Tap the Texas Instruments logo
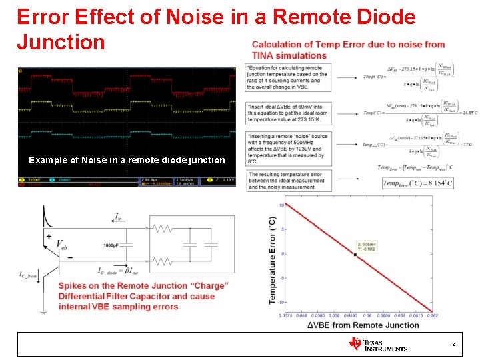pyautogui.click(x=377, y=344)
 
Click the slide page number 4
pyautogui.click(x=454, y=345)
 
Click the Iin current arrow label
pyautogui.click(x=119, y=217)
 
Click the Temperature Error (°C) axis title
pyautogui.click(x=272, y=260)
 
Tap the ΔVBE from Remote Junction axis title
pyautogui.click(x=363, y=325)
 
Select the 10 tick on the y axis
pyautogui.click(x=281, y=205)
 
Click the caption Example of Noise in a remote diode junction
pyautogui.click(x=127, y=160)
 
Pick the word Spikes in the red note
pyautogui.click(x=75, y=285)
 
